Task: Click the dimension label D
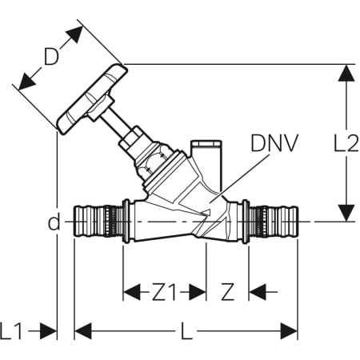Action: coord(51,56)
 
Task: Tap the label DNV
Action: coord(274,143)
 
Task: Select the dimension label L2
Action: coord(346,143)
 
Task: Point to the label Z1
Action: coord(164,292)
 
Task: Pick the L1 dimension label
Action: coord(10,331)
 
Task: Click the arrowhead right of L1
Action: coord(48,331)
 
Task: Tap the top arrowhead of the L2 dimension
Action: coord(346,73)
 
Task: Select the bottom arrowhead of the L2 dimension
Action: coord(346,213)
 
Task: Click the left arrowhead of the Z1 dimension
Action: coord(132,292)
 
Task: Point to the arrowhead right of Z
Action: coord(258,292)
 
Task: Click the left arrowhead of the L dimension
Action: coord(83,331)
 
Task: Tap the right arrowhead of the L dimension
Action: coord(289,331)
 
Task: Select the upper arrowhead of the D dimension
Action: coord(74,34)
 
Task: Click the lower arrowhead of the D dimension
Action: coord(27,82)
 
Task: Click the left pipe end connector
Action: coord(98,222)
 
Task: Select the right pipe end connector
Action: coord(274,222)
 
